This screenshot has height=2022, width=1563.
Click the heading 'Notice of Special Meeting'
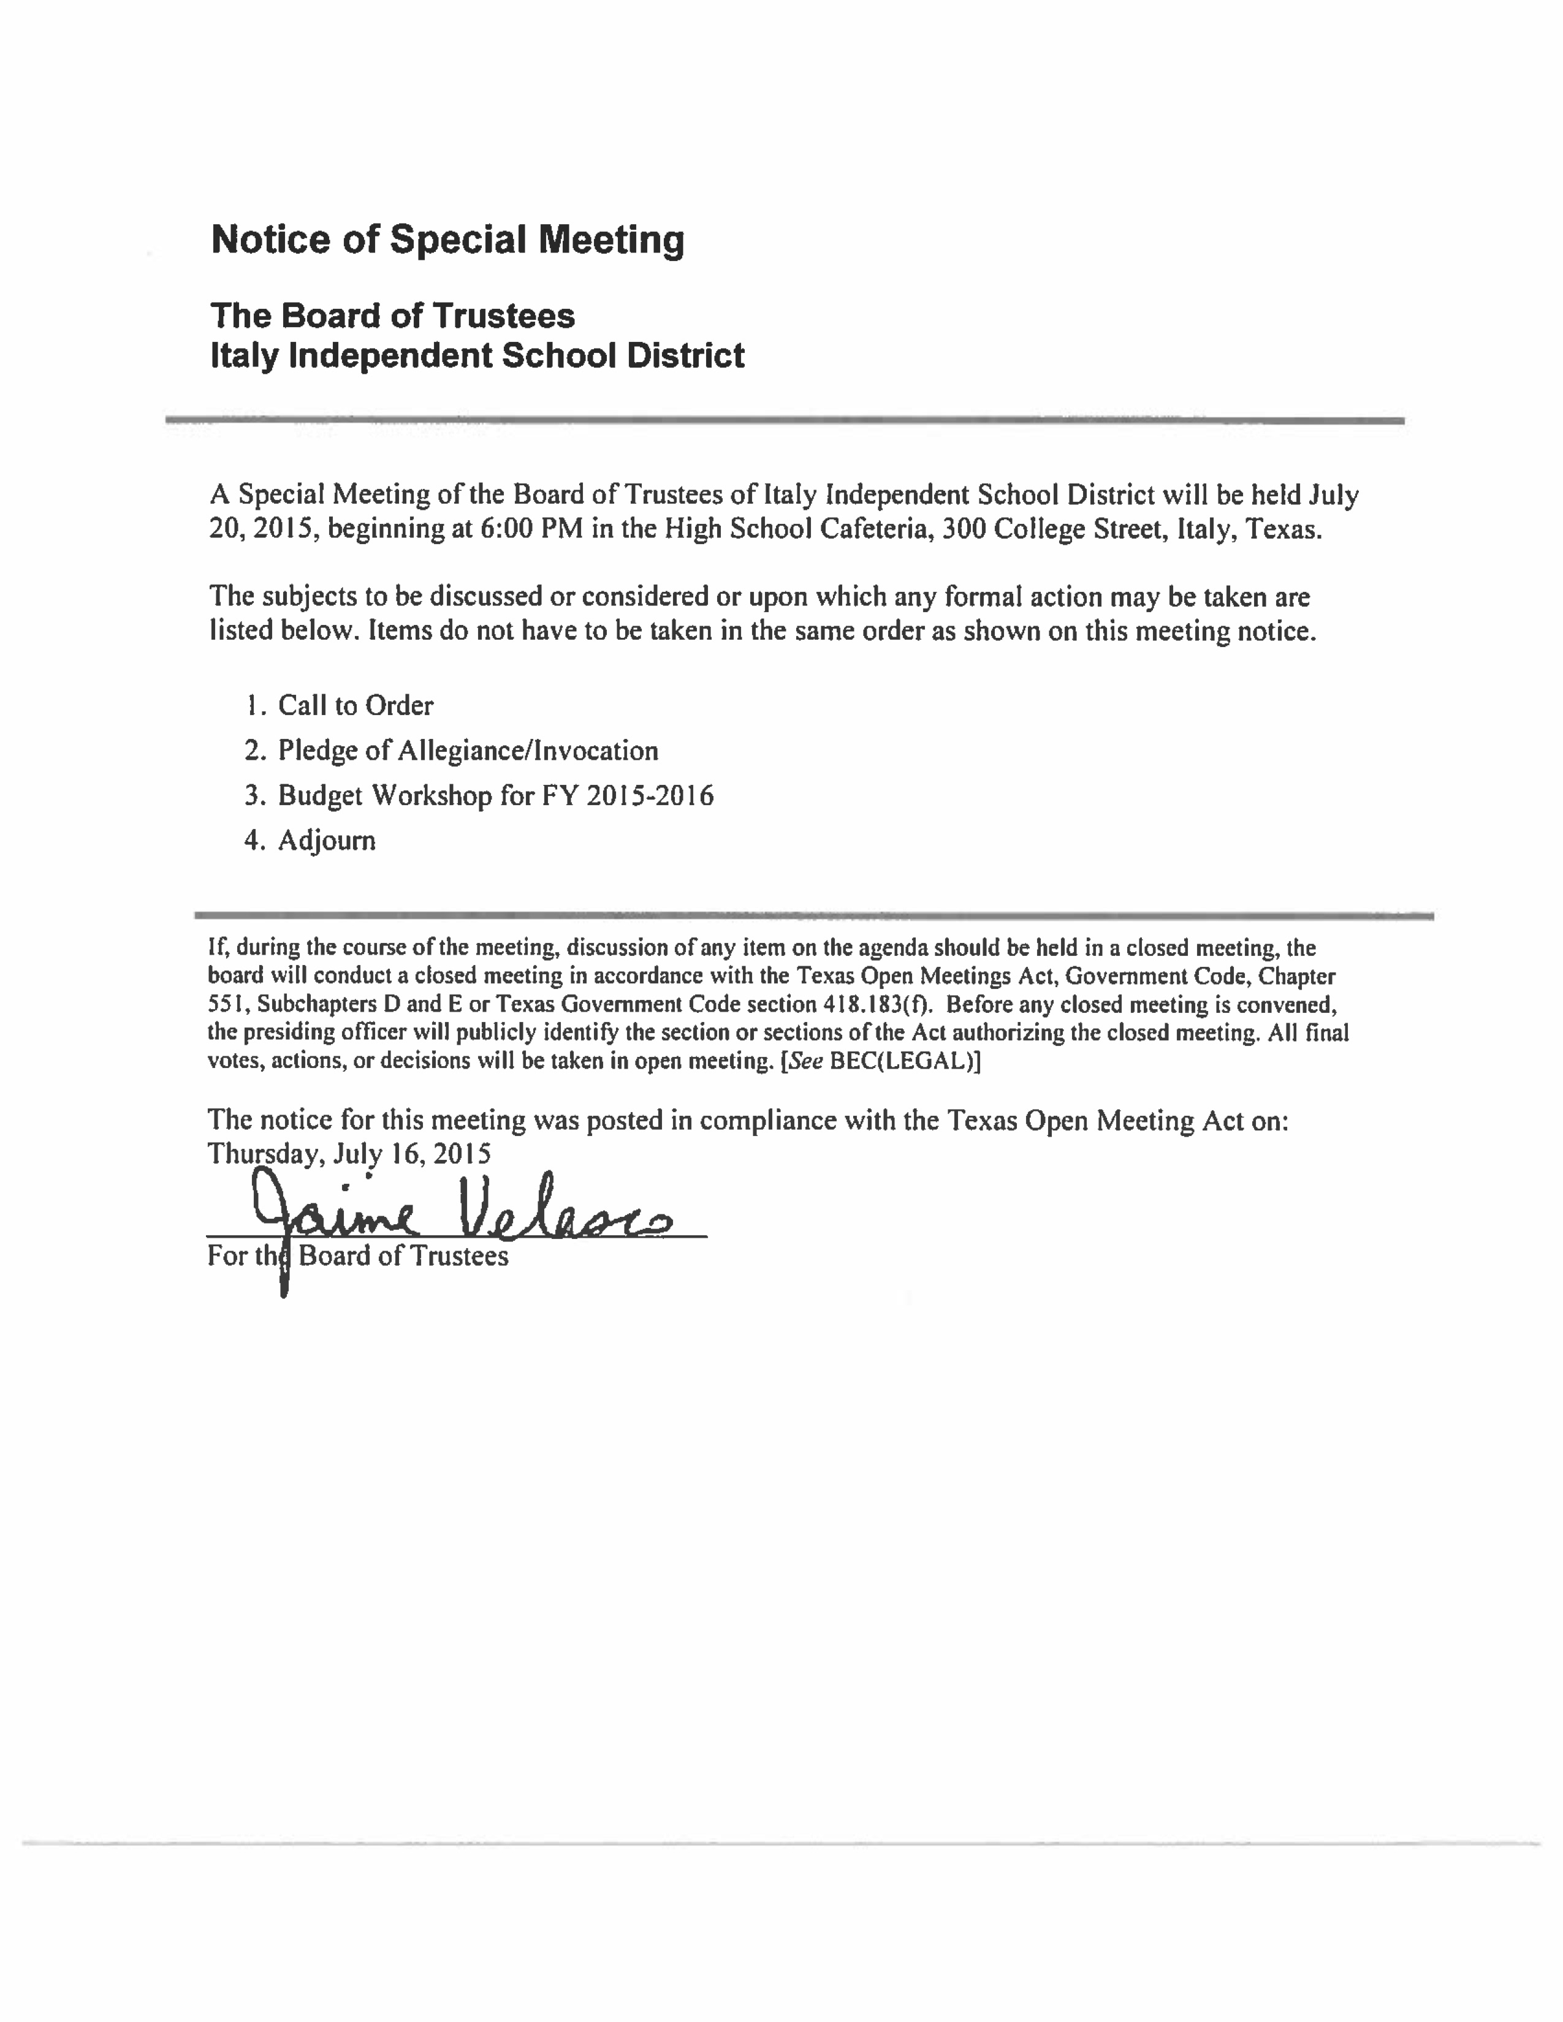click(x=447, y=240)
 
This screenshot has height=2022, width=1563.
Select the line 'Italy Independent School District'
click(x=477, y=355)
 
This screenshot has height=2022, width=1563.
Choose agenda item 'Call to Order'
click(x=356, y=705)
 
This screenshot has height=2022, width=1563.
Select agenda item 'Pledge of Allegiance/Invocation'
click(x=468, y=751)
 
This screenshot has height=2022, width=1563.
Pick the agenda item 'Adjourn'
click(x=326, y=841)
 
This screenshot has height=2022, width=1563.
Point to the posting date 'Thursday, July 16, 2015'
click(x=349, y=1154)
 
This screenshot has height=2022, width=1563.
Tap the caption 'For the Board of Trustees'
click(x=357, y=1256)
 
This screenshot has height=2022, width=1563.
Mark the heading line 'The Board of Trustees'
click(x=393, y=316)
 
